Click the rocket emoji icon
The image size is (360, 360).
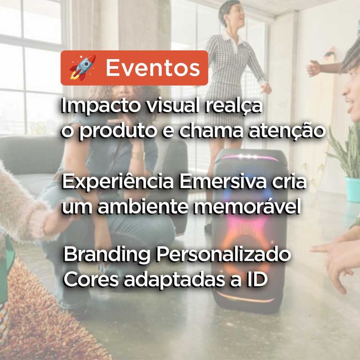coord(82,67)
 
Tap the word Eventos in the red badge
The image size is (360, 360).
coord(152,68)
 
